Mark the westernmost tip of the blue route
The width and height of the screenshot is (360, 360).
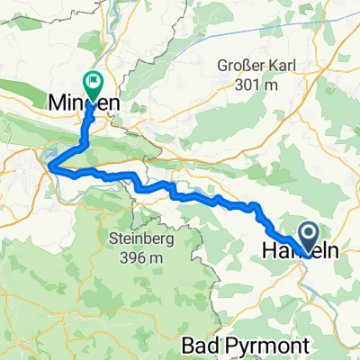[49, 166]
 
